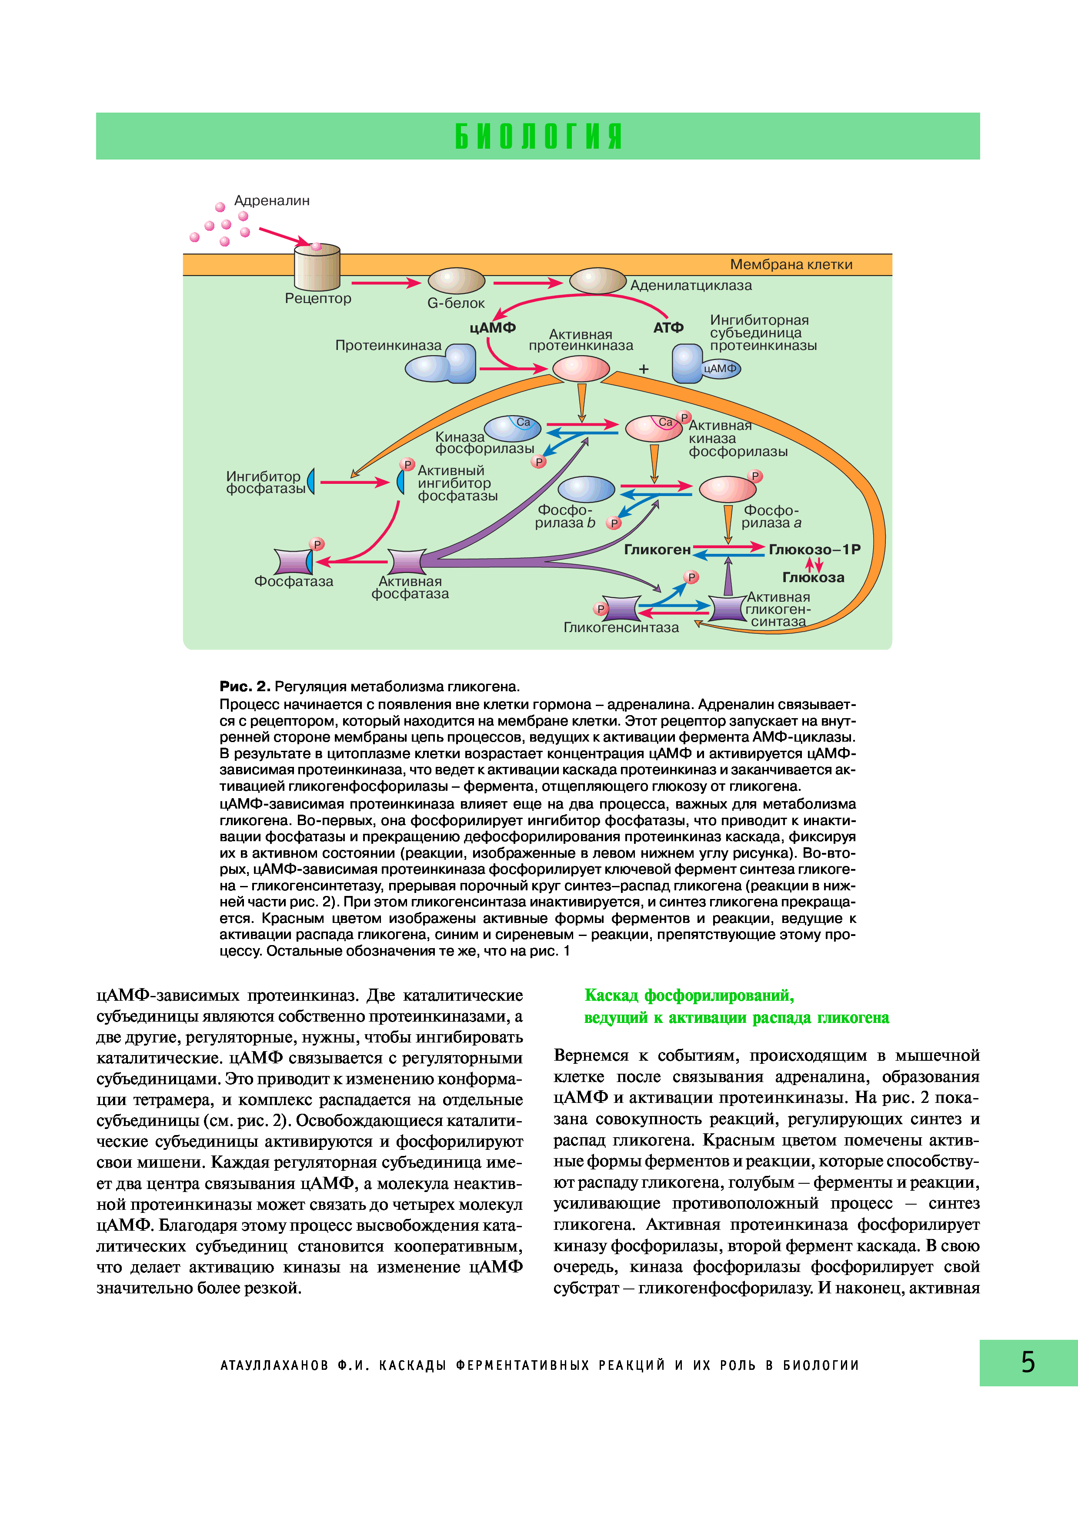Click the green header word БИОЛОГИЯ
pos(539,136)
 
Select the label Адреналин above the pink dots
pos(272,200)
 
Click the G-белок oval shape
pos(456,281)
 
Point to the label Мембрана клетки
pos(791,264)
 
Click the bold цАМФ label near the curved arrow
pos(492,328)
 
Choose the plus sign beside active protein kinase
pos(643,369)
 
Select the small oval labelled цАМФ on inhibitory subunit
pos(721,369)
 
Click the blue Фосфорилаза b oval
pos(586,489)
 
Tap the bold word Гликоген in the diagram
pos(657,550)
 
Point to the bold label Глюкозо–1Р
pos(814,550)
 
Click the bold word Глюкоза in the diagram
pos(813,578)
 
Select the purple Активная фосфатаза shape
pos(407,561)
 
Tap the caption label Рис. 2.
pos(244,686)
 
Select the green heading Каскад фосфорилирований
pos(689,996)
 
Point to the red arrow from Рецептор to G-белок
pos(386,283)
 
